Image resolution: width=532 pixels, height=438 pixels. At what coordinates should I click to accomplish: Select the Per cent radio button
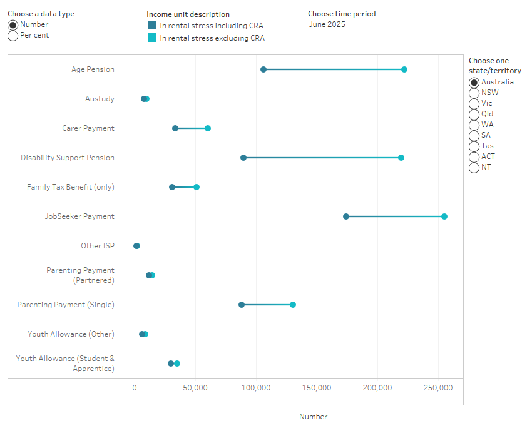point(13,36)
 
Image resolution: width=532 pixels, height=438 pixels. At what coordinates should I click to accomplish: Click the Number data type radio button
point(13,25)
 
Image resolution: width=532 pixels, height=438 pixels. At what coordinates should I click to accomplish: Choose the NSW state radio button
point(474,93)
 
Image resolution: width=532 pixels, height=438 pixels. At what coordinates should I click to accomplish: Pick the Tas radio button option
point(474,146)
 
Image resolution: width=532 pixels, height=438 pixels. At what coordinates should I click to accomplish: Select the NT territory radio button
point(474,167)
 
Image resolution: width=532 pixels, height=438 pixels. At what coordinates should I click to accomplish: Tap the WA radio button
point(474,125)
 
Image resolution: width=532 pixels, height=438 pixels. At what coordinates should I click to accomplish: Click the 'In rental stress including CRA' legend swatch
point(152,26)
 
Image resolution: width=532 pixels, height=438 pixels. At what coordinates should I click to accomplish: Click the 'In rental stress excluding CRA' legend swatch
point(152,38)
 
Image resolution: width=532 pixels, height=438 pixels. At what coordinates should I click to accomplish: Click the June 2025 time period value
point(327,24)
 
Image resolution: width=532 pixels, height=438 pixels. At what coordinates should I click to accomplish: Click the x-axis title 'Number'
point(313,417)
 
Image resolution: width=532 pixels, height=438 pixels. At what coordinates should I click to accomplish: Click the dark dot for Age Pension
point(263,69)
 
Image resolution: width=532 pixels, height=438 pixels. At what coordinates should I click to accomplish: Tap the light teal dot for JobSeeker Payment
point(444,216)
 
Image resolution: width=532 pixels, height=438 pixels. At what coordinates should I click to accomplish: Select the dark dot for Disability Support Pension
point(243,158)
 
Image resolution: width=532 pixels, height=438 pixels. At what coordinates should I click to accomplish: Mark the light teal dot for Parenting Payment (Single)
point(293,305)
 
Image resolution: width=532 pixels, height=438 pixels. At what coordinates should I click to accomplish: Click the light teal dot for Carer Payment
point(208,128)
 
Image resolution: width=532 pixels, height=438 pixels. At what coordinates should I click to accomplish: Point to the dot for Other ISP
point(136,246)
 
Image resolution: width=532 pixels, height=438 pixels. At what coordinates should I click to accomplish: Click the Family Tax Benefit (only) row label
point(71,187)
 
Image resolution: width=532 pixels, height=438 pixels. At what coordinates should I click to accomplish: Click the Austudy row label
point(100,99)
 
